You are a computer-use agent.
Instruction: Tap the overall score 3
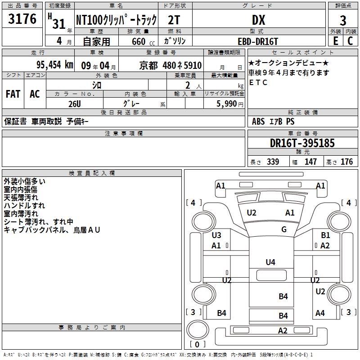coord(343,21)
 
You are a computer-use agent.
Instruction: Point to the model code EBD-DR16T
coord(258,41)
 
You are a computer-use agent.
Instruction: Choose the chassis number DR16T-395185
coord(302,144)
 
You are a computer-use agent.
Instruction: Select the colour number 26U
coord(74,103)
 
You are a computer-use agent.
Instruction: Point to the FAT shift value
coord(13,94)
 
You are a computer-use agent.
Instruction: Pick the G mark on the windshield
coord(284,229)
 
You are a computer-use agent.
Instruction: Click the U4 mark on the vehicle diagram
coord(270,262)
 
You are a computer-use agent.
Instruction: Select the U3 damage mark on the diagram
coord(216,235)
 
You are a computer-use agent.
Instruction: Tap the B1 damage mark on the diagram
coord(325,235)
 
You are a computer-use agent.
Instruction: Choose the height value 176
coord(346,162)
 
